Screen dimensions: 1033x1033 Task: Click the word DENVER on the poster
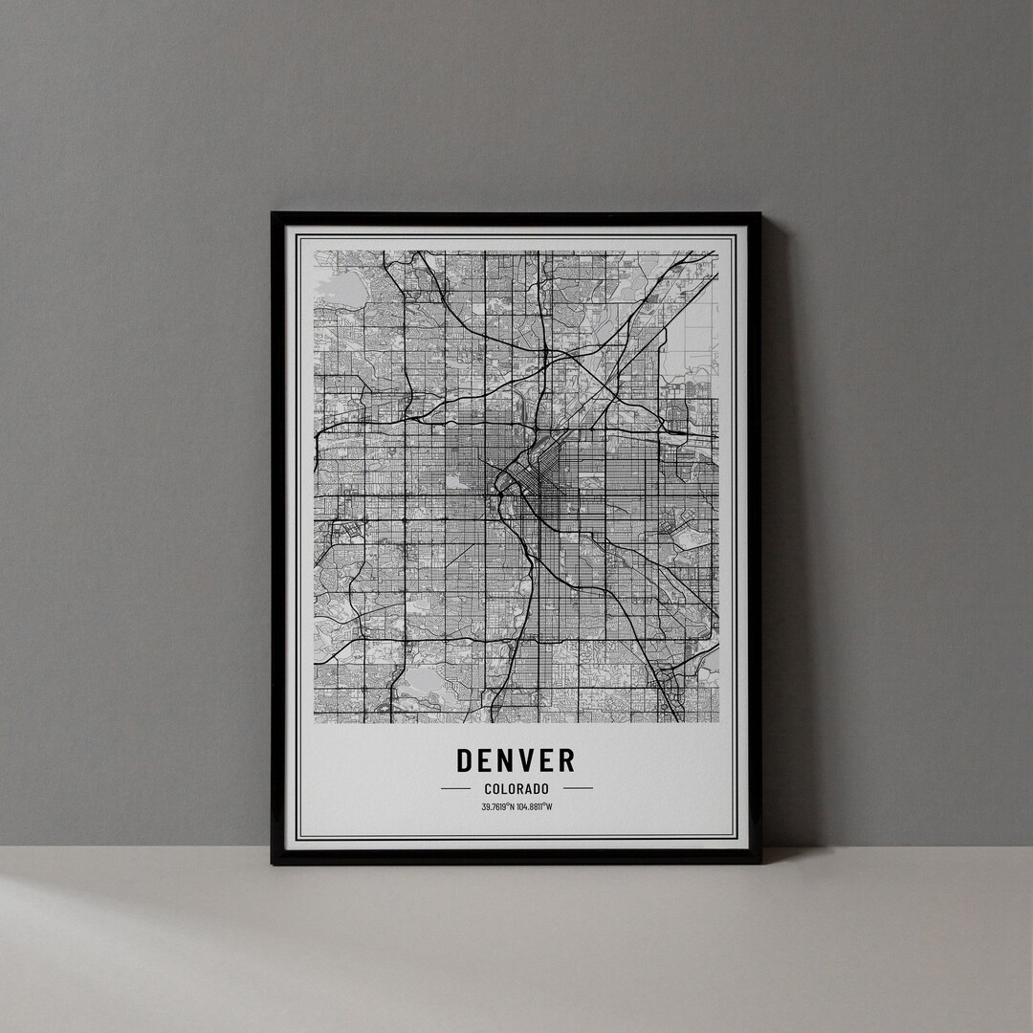coord(516,760)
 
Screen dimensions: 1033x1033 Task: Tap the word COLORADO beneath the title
coord(516,789)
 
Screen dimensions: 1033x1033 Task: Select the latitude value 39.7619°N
coord(498,806)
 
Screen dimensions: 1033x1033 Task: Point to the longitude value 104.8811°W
coord(535,806)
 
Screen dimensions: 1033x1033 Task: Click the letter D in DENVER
coord(466,760)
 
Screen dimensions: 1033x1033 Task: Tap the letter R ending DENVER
coord(566,760)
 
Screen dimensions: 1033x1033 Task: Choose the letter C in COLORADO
coord(488,789)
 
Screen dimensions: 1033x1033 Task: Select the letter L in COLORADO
coord(505,789)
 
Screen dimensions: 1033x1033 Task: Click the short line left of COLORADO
coord(455,789)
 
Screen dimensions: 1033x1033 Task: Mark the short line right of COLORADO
coord(578,789)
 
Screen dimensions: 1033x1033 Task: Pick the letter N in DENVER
coord(507,760)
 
